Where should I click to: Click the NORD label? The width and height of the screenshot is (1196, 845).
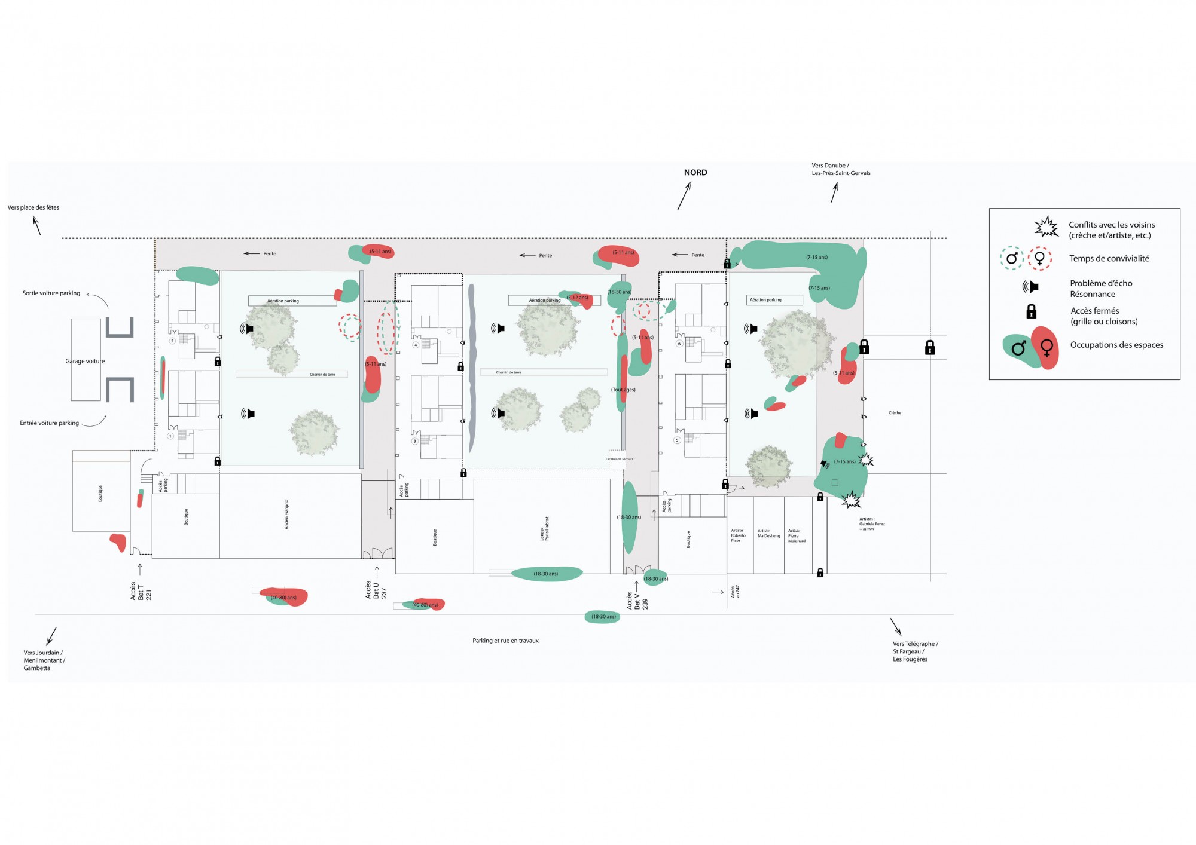695,173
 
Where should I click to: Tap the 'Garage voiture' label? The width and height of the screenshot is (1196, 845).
85,361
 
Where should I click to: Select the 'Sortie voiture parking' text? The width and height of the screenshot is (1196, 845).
51,293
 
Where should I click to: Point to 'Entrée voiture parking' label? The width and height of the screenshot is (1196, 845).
50,423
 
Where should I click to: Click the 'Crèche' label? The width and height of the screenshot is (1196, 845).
895,413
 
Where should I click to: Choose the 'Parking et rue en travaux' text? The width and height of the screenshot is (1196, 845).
505,641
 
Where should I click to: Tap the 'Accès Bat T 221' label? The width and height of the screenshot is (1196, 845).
141,592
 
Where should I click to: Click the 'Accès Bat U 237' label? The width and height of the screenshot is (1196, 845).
376,590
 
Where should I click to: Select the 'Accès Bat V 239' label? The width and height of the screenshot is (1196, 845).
637,601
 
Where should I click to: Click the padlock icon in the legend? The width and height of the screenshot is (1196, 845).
1031,311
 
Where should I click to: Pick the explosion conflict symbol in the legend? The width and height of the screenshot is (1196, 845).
1046,228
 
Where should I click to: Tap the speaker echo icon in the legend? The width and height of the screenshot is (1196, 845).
1030,287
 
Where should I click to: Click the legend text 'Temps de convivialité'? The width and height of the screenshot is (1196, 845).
1109,259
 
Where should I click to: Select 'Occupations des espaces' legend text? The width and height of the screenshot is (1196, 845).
1116,345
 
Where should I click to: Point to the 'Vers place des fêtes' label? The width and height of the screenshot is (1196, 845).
33,208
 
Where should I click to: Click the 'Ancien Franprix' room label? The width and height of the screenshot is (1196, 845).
286,515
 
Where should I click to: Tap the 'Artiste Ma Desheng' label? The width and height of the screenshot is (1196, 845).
768,534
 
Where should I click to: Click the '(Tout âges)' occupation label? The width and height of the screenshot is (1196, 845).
624,390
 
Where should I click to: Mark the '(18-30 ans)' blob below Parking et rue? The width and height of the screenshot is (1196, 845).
603,617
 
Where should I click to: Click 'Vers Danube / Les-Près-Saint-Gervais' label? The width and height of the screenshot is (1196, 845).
841,170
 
